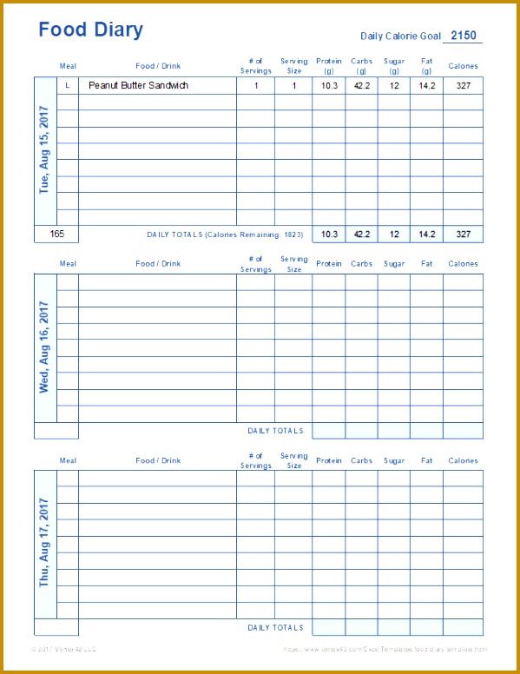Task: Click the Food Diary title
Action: click(x=91, y=30)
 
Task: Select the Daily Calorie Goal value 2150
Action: click(x=464, y=36)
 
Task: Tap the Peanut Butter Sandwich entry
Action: click(x=138, y=86)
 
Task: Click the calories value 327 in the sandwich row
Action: click(x=463, y=86)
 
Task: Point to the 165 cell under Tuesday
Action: click(x=57, y=234)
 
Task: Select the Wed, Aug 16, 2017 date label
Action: click(x=45, y=347)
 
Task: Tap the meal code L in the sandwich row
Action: click(x=68, y=86)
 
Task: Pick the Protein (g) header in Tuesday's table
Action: click(x=329, y=66)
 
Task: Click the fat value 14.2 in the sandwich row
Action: click(x=427, y=86)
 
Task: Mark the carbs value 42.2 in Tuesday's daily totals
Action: click(x=361, y=234)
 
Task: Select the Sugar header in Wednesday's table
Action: click(x=394, y=264)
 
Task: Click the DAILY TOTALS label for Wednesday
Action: click(x=275, y=431)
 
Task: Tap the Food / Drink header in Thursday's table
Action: click(x=158, y=461)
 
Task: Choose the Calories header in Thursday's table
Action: click(x=463, y=461)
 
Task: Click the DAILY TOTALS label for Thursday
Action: click(x=275, y=628)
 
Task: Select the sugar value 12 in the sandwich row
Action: click(x=394, y=86)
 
